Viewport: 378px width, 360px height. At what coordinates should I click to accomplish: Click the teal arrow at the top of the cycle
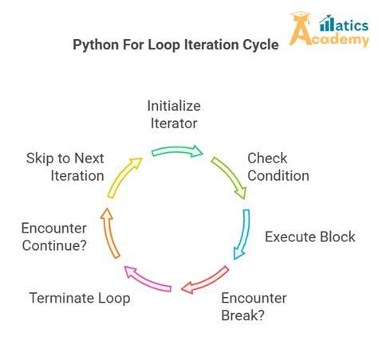coord(177,151)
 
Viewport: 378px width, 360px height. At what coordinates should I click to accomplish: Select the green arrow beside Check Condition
coord(229,176)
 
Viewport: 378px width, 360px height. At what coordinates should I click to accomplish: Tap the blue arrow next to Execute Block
coord(242,234)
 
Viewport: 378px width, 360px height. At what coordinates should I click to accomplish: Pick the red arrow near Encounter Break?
coord(206,280)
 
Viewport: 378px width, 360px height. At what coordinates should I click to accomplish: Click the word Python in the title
coord(96,45)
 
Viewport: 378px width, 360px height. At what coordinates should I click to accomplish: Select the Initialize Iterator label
coord(173,114)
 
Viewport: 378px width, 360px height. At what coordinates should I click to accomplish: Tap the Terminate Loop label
coord(80,299)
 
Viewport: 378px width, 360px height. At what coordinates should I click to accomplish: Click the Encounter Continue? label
coord(54,237)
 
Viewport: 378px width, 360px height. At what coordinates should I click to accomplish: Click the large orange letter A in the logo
coord(301,33)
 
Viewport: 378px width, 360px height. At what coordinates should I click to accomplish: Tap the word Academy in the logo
coord(341,39)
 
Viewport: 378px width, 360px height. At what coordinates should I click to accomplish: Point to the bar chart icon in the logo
coord(326,23)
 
